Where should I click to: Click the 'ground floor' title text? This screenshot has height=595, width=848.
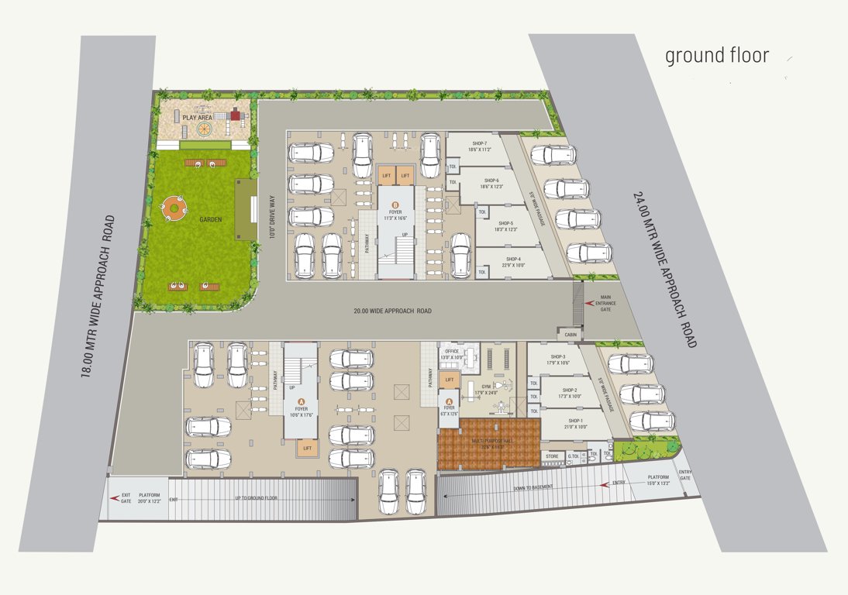coord(717,56)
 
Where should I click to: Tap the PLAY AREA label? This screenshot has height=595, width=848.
coord(197,118)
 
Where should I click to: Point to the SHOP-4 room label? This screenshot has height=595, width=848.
coord(514,262)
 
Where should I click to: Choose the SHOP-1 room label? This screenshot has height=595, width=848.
coord(571,423)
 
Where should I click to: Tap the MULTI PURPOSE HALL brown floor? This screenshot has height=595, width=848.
coord(488,445)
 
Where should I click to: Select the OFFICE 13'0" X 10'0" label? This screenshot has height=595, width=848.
coord(452,356)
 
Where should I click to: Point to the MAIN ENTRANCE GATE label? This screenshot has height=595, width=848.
coord(605,303)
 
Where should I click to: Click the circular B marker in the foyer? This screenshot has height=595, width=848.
coord(395,204)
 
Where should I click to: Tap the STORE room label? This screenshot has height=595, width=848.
coord(552,456)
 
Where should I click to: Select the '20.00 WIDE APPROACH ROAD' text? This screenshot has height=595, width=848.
coord(392,311)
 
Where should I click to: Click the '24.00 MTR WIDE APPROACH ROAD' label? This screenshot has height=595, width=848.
coord(664,269)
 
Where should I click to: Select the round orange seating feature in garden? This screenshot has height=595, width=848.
coord(175,208)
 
